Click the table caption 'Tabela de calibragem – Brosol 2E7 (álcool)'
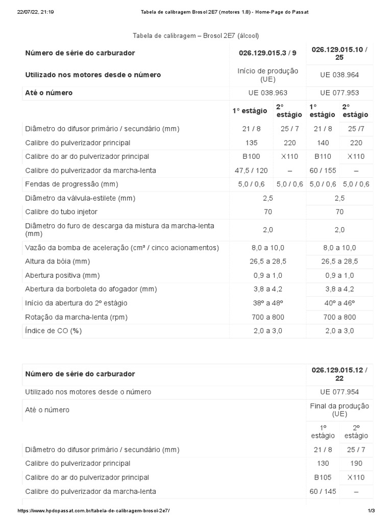[196, 35]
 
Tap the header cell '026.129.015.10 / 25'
[339, 53]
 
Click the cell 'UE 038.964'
[339, 75]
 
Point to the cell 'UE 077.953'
[339, 93]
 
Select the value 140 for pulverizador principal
[323, 142]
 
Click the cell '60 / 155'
[323, 170]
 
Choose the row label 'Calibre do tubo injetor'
[61, 211]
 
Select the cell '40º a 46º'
[339, 303]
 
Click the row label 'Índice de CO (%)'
[53, 330]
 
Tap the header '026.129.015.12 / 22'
[339, 374]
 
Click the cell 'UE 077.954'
[339, 392]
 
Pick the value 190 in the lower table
[356, 463]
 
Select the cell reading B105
[323, 477]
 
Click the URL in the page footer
[93, 511]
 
